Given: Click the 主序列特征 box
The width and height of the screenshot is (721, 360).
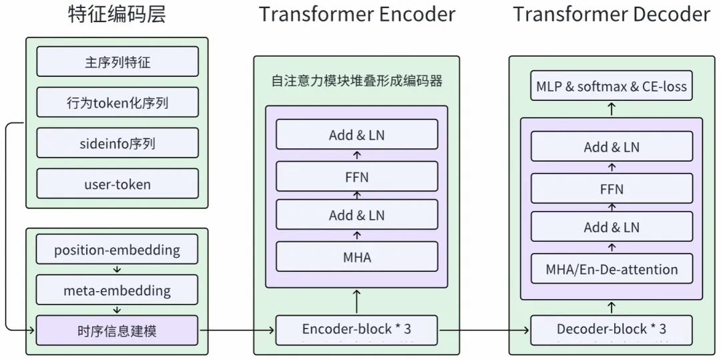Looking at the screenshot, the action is (x=117, y=61).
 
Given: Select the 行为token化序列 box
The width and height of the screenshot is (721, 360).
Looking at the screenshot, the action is (x=117, y=102).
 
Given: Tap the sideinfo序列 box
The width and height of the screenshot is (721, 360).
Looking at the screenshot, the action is (x=117, y=143).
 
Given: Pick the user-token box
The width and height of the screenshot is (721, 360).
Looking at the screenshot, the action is (x=117, y=184).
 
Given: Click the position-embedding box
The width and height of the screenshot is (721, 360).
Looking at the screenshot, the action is (x=117, y=249).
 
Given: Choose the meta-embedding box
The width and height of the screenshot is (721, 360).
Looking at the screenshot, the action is (x=117, y=290).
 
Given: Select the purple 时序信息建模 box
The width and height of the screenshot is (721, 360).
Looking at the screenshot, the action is (x=117, y=330).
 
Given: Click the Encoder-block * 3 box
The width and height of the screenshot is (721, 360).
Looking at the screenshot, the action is (x=356, y=330).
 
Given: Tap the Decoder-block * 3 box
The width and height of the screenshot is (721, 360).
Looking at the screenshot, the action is (x=612, y=330).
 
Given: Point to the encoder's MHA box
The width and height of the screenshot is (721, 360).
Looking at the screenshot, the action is (x=356, y=256).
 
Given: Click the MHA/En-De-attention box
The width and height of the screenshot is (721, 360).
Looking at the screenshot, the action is (x=612, y=268).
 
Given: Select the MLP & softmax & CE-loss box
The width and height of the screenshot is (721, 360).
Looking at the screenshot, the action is (x=612, y=85).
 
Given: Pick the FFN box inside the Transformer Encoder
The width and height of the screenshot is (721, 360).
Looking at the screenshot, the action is (x=356, y=176).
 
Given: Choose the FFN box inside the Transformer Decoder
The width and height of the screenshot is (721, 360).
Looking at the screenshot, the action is (x=612, y=188).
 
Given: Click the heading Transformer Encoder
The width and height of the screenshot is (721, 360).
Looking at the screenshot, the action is (x=357, y=14).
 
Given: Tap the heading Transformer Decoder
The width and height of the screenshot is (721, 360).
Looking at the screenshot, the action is (x=612, y=14).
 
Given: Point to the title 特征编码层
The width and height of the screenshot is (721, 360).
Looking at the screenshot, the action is (x=117, y=14).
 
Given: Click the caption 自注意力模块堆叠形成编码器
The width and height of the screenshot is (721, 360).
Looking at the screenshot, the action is (x=356, y=81).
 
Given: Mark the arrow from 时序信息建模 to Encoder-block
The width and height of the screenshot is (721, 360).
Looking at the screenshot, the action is (x=237, y=330).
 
